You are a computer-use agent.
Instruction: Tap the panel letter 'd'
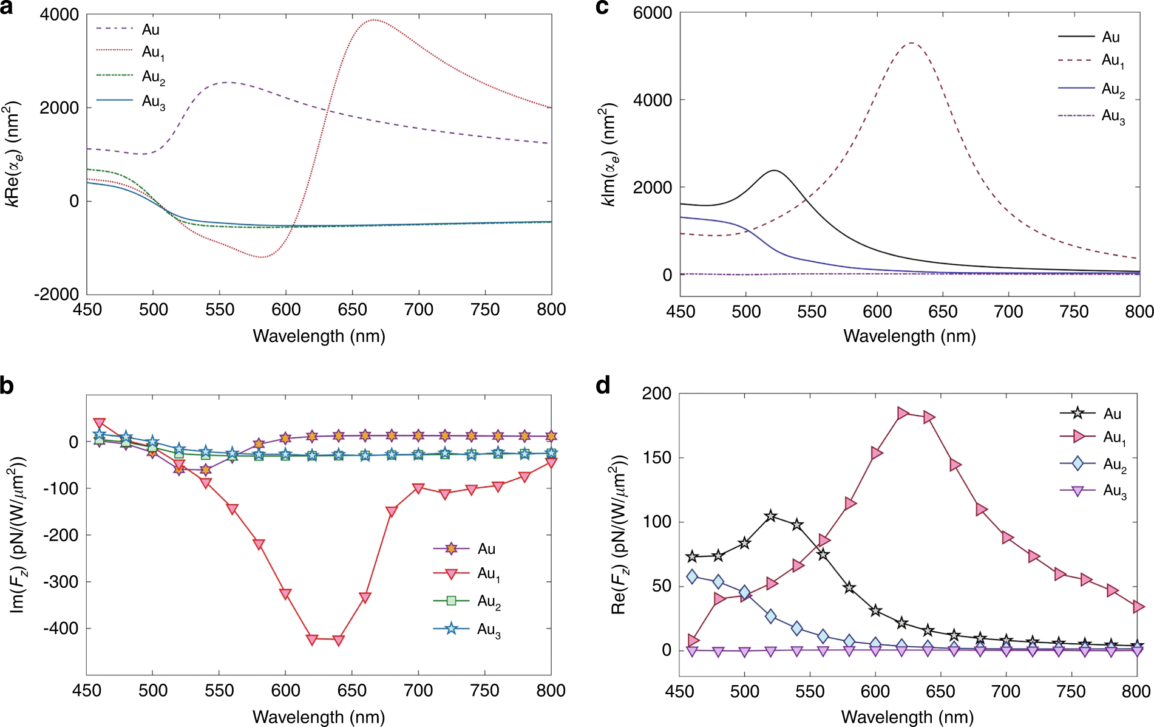point(603,385)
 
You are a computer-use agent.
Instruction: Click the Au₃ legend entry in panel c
point(1113,116)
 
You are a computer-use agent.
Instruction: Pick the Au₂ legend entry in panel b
point(489,601)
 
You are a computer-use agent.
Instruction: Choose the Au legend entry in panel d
point(1112,414)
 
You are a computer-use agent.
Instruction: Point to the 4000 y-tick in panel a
point(59,15)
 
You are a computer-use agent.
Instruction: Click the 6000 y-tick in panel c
point(653,13)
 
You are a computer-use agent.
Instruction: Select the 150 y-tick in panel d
point(657,457)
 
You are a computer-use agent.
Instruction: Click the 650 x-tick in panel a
point(352,310)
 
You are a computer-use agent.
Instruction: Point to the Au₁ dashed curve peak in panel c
point(912,43)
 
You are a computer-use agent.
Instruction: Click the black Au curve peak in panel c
point(774,171)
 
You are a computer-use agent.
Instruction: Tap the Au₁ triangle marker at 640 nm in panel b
point(339,640)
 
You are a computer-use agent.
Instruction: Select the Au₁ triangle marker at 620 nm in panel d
point(902,414)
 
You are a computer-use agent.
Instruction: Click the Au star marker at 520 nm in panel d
point(771,516)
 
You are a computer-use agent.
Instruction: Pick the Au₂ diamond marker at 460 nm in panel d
point(692,576)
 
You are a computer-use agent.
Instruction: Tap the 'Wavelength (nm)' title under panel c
point(909,336)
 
